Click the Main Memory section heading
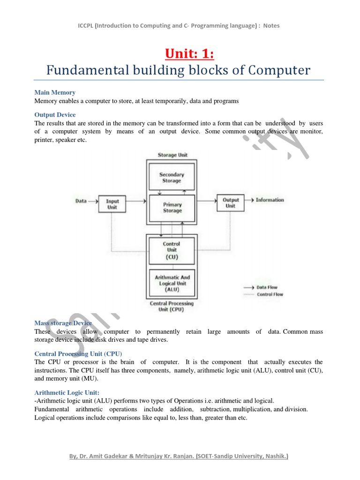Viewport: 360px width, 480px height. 55,93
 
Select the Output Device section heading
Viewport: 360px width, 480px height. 55,115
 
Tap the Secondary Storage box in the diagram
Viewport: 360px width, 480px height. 172,178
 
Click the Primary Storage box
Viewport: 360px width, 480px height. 172,208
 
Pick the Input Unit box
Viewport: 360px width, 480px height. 112,204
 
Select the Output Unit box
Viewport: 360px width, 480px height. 231,203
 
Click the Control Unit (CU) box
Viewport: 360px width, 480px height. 171,250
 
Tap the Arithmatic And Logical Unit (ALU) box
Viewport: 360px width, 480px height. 172,283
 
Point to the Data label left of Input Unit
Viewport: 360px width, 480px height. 81,201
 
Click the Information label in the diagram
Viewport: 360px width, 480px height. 270,200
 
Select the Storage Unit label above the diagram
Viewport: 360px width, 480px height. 172,155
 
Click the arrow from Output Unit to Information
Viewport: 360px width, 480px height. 249,200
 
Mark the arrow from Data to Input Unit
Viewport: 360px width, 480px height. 93,201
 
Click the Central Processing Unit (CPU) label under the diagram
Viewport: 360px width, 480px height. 171,307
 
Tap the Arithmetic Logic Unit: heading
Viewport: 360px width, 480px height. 67,392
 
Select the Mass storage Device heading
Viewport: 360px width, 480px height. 63,323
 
